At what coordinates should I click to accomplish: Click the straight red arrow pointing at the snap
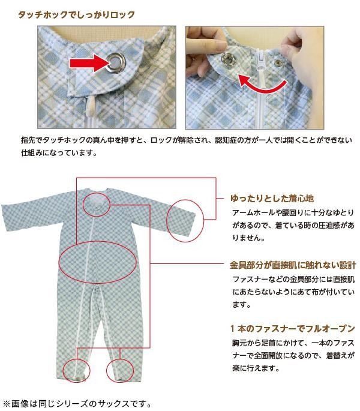pos(89,64)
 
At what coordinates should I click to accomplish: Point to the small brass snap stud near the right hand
pos(277,62)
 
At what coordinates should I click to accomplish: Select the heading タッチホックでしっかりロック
pos(76,14)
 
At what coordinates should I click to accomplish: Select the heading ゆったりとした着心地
pos(272,199)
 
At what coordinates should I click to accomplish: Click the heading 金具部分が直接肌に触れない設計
pos(293,265)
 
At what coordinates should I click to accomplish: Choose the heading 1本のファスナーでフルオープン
pos(293,328)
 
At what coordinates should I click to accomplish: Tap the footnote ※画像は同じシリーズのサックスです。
pos(77,403)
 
